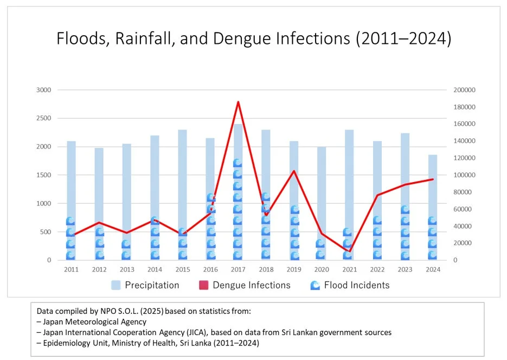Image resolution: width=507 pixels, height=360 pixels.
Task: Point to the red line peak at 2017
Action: tap(238, 102)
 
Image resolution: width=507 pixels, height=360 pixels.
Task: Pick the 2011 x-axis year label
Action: tap(71, 269)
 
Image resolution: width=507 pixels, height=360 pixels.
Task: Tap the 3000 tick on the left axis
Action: tap(44, 90)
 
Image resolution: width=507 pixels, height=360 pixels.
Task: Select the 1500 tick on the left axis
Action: tap(44, 175)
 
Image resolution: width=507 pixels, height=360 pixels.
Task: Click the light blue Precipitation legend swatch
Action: tap(116, 285)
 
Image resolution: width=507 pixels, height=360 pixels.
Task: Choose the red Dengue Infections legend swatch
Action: tap(203, 285)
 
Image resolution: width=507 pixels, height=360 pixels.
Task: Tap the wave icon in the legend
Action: tap(315, 285)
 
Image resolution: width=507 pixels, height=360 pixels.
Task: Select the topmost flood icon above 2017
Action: tap(238, 163)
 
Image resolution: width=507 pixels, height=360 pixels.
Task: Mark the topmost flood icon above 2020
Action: tap(320, 243)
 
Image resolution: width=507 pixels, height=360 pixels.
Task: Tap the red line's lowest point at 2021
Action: tap(350, 250)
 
